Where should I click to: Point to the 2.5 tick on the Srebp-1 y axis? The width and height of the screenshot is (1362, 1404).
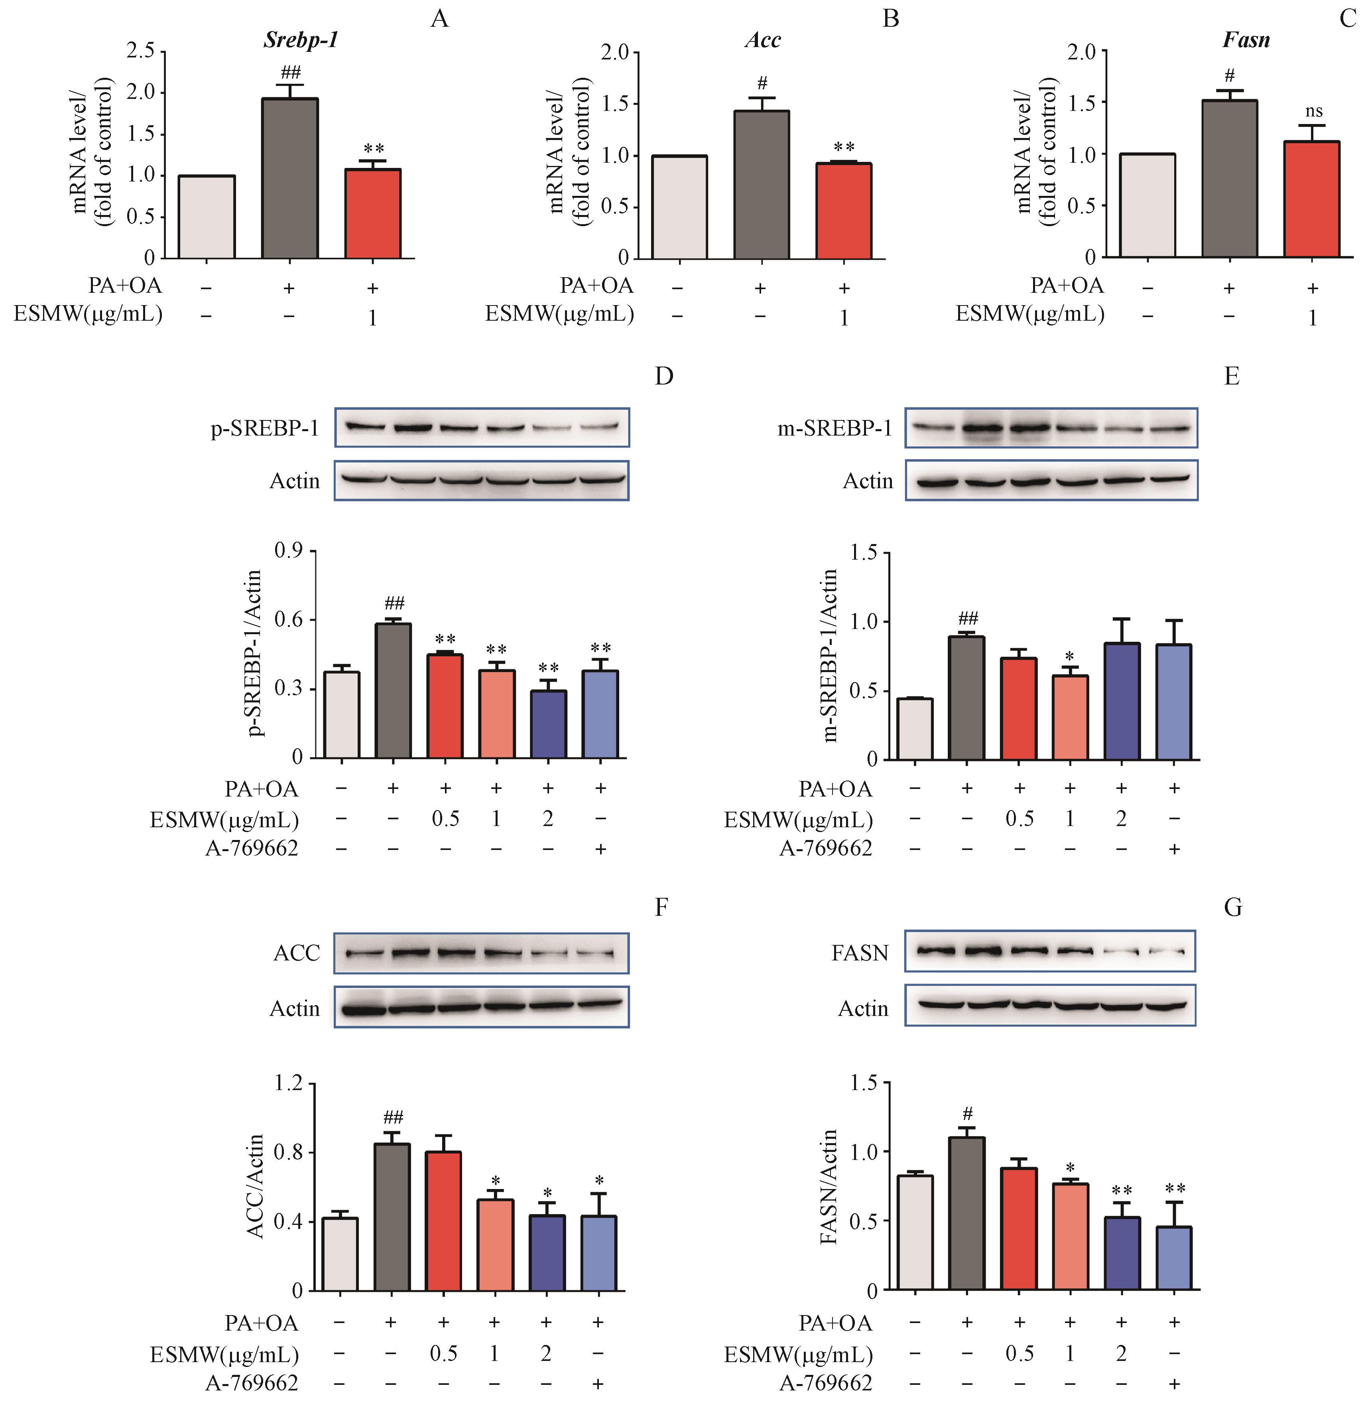140,51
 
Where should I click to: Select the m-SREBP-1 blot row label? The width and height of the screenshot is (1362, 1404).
835,428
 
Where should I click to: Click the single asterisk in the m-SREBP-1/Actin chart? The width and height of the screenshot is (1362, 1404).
1070,657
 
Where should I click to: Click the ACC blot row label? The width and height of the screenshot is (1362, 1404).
297,953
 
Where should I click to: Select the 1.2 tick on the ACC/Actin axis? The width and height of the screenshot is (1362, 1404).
289,1083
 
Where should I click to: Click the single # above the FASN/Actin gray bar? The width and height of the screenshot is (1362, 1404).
967,1114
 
